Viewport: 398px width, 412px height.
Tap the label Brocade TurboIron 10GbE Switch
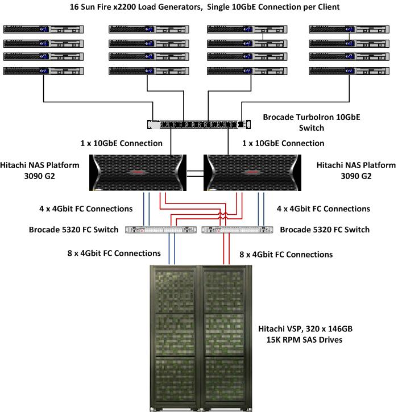311,122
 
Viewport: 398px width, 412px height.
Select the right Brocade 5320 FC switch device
237,230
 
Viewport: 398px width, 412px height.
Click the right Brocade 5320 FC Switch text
325,230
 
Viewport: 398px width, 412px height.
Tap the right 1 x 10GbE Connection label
283,143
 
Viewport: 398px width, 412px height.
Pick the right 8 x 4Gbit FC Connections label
286,255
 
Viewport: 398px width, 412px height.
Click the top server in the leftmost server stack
43,29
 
